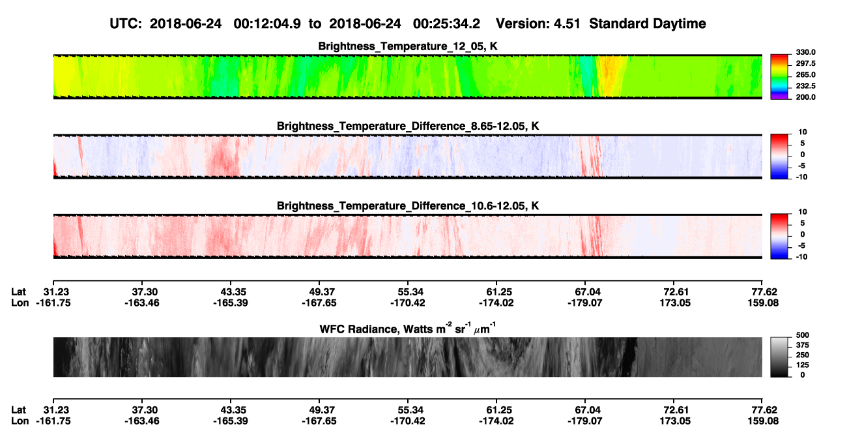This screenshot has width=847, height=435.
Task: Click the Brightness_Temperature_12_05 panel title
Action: (408, 46)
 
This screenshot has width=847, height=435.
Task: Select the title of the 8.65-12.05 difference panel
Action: (408, 126)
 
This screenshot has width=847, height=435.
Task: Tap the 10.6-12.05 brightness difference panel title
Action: (408, 206)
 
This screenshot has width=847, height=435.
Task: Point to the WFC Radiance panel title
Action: (408, 329)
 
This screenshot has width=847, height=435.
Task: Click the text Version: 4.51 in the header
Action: (538, 23)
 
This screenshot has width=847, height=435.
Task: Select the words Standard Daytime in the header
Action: (648, 23)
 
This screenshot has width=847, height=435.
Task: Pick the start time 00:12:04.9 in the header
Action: (267, 23)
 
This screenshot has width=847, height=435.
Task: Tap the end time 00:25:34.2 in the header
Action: (446, 23)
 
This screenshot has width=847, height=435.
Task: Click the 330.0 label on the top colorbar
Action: (805, 52)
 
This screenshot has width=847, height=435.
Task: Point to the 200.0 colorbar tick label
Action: (805, 97)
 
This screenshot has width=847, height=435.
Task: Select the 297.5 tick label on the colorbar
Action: (805, 63)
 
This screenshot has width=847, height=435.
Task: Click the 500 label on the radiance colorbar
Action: (803, 335)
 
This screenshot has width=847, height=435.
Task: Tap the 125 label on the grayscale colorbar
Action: (803, 365)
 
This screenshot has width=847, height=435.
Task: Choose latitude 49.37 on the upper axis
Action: (319, 292)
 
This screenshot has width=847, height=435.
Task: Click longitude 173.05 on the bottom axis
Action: (675, 421)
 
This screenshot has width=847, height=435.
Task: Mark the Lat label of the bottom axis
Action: (18, 410)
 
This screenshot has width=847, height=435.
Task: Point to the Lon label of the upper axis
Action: (20, 303)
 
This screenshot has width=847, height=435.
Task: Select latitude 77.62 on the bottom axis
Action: (762, 410)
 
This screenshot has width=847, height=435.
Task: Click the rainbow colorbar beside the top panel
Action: (779, 77)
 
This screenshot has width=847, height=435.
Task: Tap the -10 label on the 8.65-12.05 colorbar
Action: (801, 177)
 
